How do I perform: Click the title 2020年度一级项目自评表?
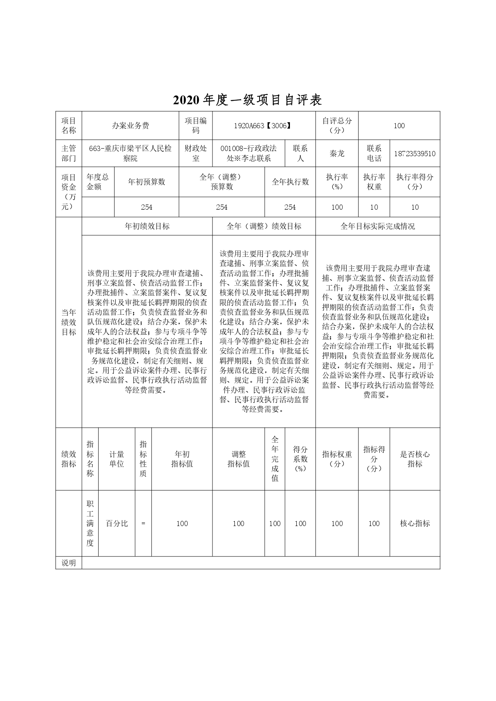click(248, 100)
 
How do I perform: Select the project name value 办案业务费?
click(130, 126)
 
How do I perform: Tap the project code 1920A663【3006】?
click(264, 126)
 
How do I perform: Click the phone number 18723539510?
click(415, 154)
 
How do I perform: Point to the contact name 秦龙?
click(337, 154)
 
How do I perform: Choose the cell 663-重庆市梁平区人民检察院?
click(130, 154)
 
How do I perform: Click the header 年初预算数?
click(146, 182)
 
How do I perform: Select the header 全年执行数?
click(290, 182)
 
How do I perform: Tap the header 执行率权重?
click(374, 182)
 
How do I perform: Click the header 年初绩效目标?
click(147, 226)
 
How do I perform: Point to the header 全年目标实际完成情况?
click(377, 226)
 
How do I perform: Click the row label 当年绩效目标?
click(69, 322)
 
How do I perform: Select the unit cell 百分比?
click(117, 523)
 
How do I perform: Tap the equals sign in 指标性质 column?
click(143, 523)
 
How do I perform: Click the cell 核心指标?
click(415, 523)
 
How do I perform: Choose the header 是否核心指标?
click(415, 459)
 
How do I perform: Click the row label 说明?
click(69, 563)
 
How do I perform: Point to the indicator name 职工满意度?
click(90, 523)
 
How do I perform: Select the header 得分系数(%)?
click(300, 459)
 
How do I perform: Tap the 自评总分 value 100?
click(399, 126)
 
